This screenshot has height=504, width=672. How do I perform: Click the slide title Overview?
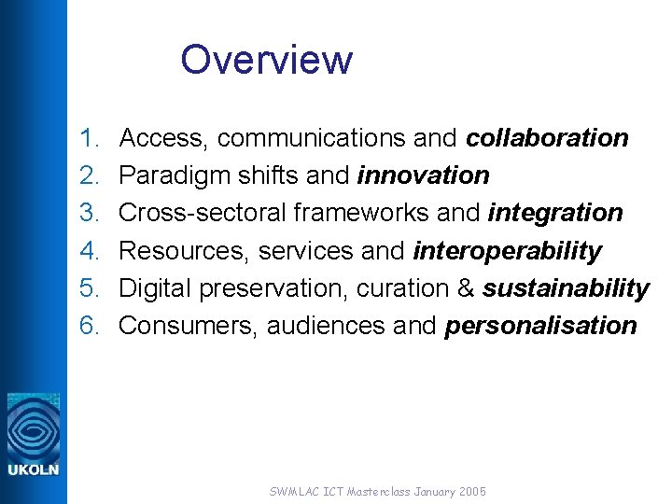[x=267, y=60]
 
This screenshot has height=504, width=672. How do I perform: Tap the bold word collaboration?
[x=547, y=138]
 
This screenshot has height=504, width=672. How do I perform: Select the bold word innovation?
[x=423, y=175]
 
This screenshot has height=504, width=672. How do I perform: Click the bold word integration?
[x=554, y=213]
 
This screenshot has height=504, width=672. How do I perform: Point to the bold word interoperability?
[x=507, y=251]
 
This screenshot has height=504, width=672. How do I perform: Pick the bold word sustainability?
[x=565, y=288]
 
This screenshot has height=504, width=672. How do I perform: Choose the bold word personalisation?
[x=540, y=326]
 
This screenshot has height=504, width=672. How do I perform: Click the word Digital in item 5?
[x=153, y=288]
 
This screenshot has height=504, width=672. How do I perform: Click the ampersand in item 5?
[x=466, y=288]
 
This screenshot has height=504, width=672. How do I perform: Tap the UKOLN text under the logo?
[x=33, y=469]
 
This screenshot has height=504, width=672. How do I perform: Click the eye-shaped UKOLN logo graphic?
[x=33, y=426]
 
